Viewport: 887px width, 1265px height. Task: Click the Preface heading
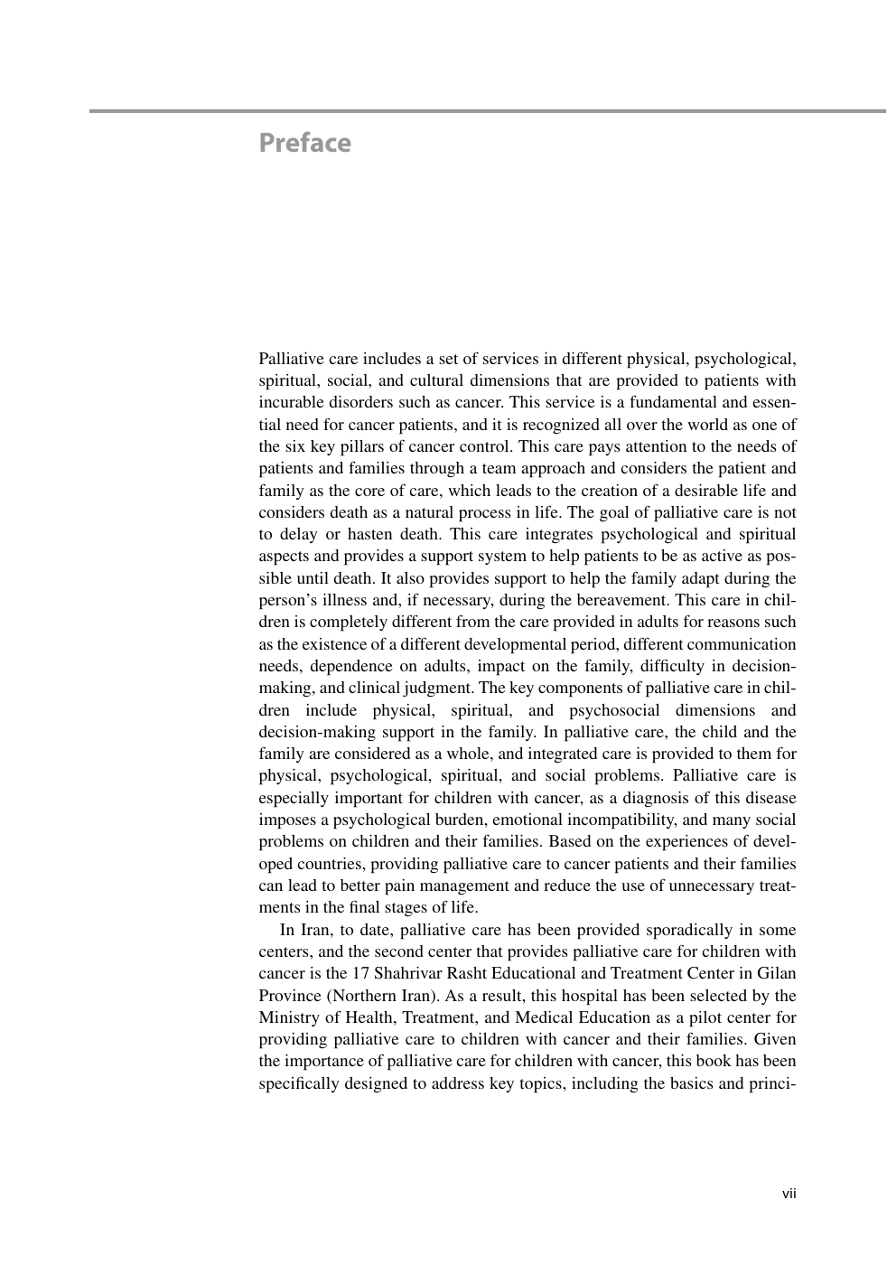pyautogui.click(x=304, y=143)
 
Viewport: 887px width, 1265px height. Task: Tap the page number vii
pyautogui.click(x=789, y=1194)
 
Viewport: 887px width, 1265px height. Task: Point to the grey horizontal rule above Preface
pyautogui.click(x=488, y=111)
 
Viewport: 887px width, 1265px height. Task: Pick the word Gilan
pyautogui.click(x=777, y=973)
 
